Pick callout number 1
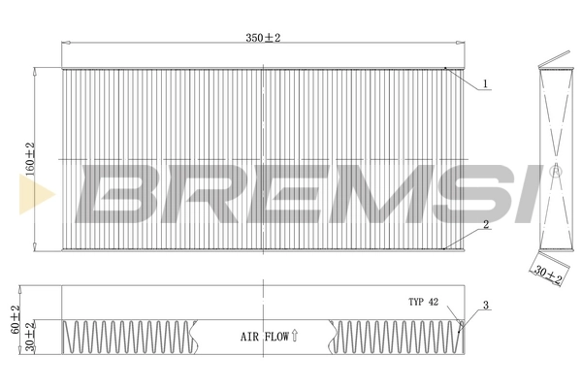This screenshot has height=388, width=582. (x=485, y=83)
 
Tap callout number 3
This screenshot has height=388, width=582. (x=485, y=307)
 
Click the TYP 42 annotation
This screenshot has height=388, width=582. (x=424, y=303)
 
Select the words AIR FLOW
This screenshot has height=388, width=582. (x=263, y=338)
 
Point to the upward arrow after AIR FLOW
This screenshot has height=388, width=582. (x=295, y=337)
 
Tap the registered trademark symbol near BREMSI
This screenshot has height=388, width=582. (x=556, y=171)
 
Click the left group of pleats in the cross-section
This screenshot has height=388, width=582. (x=126, y=338)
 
